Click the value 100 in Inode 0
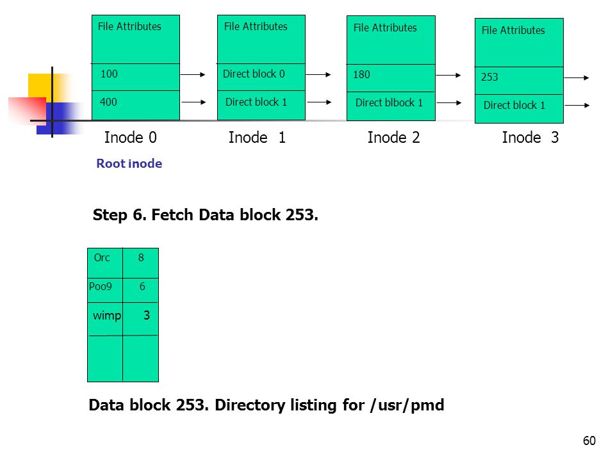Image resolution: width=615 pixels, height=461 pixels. [109, 74]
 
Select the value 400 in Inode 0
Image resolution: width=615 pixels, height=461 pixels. [108, 102]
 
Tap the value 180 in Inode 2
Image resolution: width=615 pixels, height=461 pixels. [361, 74]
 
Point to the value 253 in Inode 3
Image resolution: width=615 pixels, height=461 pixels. [489, 77]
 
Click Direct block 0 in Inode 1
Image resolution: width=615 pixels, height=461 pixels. [254, 74]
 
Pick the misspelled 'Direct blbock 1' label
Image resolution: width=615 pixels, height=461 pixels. [389, 102]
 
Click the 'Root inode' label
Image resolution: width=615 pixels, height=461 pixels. [129, 163]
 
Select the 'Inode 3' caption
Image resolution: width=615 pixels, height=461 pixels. [530, 138]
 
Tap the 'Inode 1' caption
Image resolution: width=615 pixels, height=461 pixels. [257, 138]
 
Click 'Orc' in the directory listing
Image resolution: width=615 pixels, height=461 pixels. [102, 257]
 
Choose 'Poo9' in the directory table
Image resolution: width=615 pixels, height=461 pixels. [101, 286]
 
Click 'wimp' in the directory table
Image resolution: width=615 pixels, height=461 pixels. [107, 316]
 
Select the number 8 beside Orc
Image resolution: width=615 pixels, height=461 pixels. [141, 257]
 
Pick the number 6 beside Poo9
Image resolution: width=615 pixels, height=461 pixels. [142, 286]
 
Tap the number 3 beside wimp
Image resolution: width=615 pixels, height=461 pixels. [147, 315]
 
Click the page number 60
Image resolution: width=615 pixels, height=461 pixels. [589, 441]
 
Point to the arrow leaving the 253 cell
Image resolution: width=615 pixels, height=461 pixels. [577, 78]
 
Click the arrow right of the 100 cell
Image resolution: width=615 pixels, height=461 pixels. [193, 74]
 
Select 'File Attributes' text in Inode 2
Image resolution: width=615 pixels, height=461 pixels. [385, 28]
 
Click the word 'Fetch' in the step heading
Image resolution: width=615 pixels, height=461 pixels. [172, 215]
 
